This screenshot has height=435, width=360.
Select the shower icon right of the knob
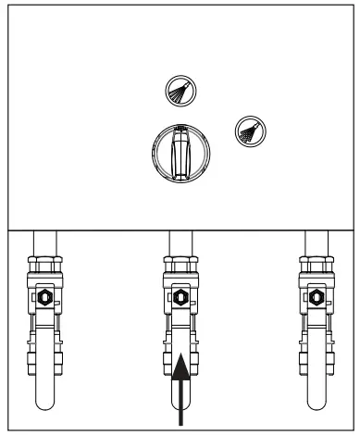tap(247, 130)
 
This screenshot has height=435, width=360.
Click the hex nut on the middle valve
tap(180, 299)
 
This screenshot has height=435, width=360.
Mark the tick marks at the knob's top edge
tap(180, 127)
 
